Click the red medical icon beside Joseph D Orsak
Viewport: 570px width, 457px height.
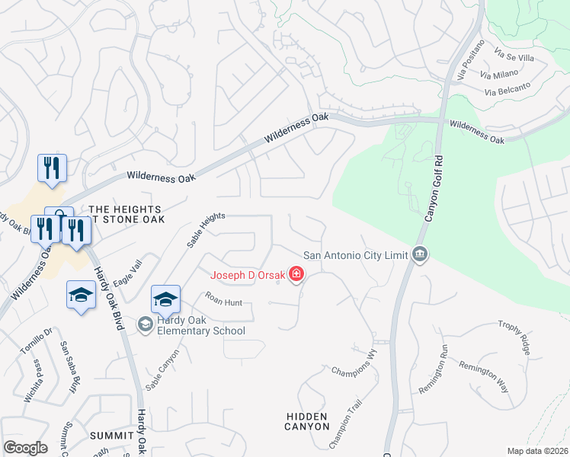tap(296, 275)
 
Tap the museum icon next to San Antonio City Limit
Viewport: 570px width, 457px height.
tap(419, 254)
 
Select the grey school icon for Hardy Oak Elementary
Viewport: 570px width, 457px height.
tap(145, 324)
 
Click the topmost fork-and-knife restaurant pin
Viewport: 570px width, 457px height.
tap(52, 168)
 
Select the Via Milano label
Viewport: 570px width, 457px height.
tap(499, 73)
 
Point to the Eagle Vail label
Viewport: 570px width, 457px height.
tap(127, 273)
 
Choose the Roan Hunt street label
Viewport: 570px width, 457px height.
tap(223, 302)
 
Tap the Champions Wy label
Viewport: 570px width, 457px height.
tap(354, 362)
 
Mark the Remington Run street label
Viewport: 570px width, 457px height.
tap(433, 368)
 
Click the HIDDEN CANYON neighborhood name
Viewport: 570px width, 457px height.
tap(306, 421)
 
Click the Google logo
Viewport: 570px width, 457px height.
tap(25, 448)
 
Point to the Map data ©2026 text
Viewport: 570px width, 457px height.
tap(537, 451)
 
